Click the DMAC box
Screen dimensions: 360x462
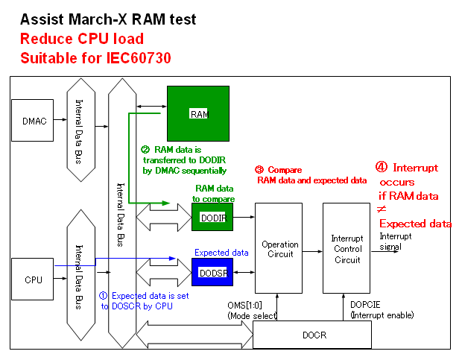[x=35, y=121]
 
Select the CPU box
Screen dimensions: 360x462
[x=34, y=280]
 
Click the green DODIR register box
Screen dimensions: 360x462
[x=213, y=217]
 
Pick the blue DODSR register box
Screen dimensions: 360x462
[x=213, y=273]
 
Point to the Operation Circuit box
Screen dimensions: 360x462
[x=280, y=249]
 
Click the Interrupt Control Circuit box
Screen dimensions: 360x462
[x=346, y=249]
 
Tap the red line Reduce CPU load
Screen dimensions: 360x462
[x=82, y=39]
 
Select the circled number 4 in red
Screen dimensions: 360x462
[x=382, y=167]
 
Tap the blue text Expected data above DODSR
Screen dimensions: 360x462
[x=221, y=253]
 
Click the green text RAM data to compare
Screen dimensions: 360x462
[x=215, y=194]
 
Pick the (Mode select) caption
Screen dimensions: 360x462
[x=252, y=316]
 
